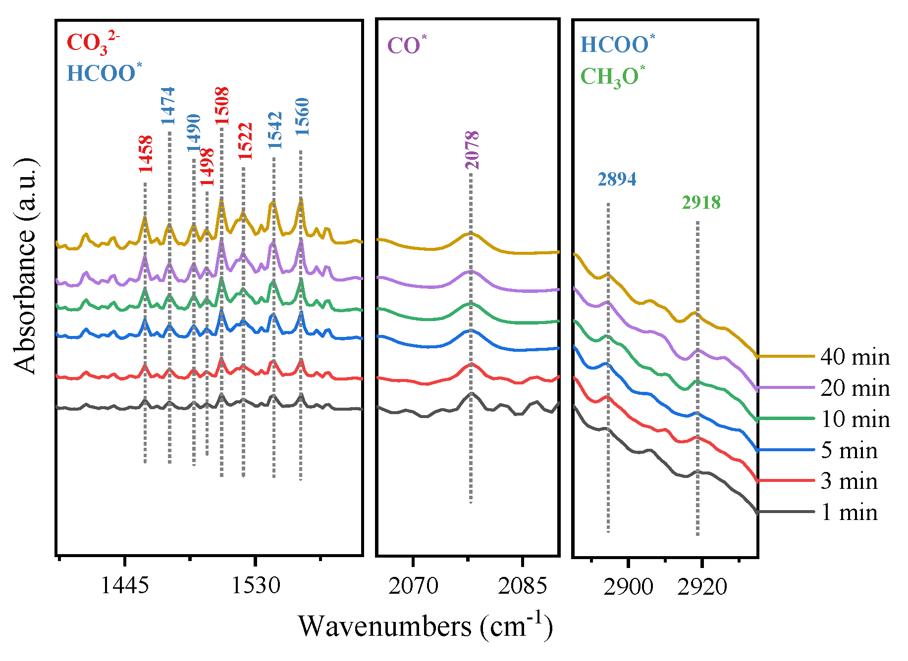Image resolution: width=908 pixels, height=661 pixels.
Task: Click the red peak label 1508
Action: (x=221, y=105)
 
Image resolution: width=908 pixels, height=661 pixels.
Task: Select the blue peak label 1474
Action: (x=168, y=105)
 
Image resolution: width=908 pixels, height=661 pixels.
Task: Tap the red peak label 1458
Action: (x=145, y=154)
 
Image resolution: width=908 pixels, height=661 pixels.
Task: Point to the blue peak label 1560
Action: (x=302, y=117)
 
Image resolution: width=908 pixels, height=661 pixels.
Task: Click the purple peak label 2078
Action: (x=472, y=150)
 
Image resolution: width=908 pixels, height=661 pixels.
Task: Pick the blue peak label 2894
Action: (x=617, y=179)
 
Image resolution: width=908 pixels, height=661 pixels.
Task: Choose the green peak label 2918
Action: (x=701, y=202)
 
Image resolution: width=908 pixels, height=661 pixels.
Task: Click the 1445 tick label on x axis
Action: (x=124, y=586)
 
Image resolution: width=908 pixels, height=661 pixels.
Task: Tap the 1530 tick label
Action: (x=256, y=586)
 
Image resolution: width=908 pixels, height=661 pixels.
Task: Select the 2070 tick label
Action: (x=413, y=586)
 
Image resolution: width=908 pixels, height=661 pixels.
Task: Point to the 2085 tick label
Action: (x=522, y=586)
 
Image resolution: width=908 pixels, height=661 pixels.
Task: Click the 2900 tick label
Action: (x=628, y=587)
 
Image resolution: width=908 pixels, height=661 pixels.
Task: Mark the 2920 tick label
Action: (x=702, y=587)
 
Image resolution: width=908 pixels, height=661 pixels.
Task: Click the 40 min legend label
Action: (x=855, y=357)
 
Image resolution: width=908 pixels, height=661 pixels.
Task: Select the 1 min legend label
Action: (x=849, y=512)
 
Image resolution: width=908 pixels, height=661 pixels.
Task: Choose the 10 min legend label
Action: (x=855, y=419)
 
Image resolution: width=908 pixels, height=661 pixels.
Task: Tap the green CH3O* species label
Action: (x=612, y=77)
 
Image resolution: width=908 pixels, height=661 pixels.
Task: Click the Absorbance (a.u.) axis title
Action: (x=25, y=266)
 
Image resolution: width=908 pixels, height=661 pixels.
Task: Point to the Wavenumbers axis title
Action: (x=425, y=626)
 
